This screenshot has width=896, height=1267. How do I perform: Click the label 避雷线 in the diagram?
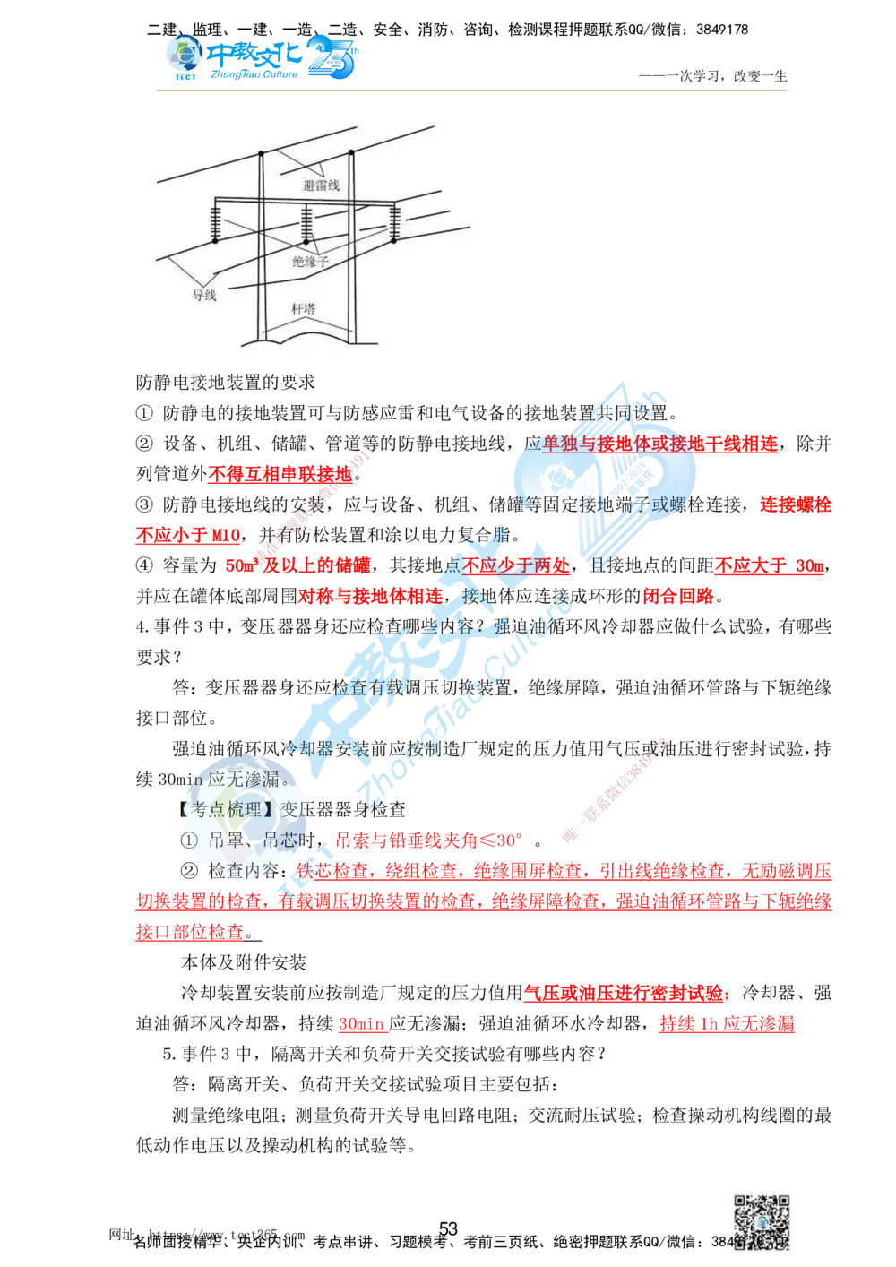coord(321,185)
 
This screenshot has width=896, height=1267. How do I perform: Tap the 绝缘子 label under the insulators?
coord(311,262)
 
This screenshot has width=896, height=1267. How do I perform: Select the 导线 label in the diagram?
coord(204,294)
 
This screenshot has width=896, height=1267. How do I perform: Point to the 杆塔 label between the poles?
coord(304,309)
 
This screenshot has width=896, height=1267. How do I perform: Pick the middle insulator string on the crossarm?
coord(307,224)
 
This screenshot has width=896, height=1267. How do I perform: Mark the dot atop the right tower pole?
coord(351,151)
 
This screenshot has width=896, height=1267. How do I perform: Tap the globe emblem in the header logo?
coord(185,56)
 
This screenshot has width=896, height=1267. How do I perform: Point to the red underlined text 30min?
coord(361,1024)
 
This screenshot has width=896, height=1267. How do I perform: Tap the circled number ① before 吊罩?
coord(188,840)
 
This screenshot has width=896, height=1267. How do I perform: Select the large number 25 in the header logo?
coord(333,58)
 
